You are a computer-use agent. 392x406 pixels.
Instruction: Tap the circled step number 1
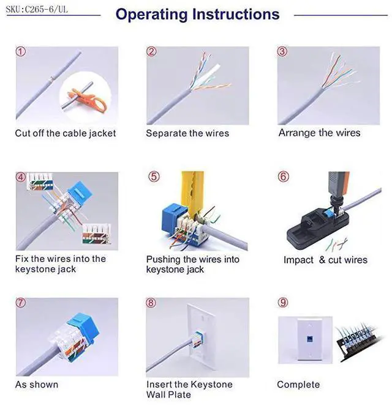21,52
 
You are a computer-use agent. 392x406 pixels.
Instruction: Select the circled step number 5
154,177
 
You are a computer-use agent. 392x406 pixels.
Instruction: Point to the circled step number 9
282,303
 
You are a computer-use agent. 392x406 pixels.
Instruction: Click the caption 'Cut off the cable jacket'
66,133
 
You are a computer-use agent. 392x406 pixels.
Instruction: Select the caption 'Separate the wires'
187,133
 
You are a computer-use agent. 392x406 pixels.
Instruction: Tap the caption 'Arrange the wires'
319,133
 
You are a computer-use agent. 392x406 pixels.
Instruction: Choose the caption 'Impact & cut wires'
325,260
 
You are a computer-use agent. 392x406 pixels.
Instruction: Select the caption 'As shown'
37,385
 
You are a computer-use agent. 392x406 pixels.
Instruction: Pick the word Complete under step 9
298,385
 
